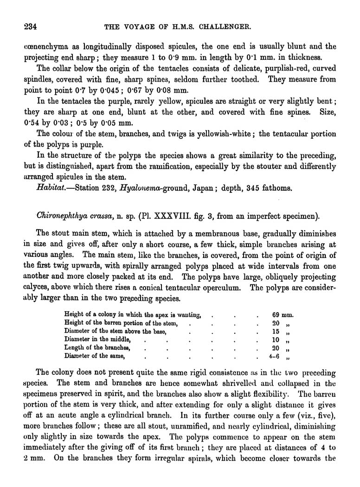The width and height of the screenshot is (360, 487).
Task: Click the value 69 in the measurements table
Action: pyautogui.click(x=277, y=315)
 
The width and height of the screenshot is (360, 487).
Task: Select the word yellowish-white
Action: pyautogui.click(x=226, y=134)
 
